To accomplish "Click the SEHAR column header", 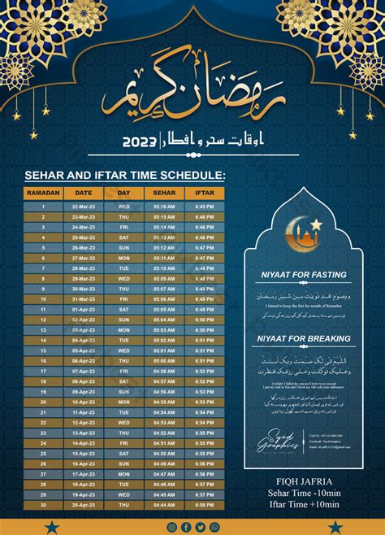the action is click(x=163, y=194).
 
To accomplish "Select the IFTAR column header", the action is click(x=203, y=194).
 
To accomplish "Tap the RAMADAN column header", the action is click(x=43, y=194).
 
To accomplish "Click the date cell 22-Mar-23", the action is click(x=83, y=207).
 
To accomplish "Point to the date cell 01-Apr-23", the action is click(x=83, y=309).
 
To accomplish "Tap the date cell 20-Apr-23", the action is click(x=83, y=504).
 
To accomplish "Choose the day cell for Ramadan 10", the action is click(x=123, y=299).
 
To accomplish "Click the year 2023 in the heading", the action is click(x=140, y=141).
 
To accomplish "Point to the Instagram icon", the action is click(x=171, y=527).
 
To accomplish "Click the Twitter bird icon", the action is click(x=201, y=527).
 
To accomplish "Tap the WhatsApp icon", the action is click(x=215, y=527).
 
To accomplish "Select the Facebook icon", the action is click(x=186, y=527).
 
